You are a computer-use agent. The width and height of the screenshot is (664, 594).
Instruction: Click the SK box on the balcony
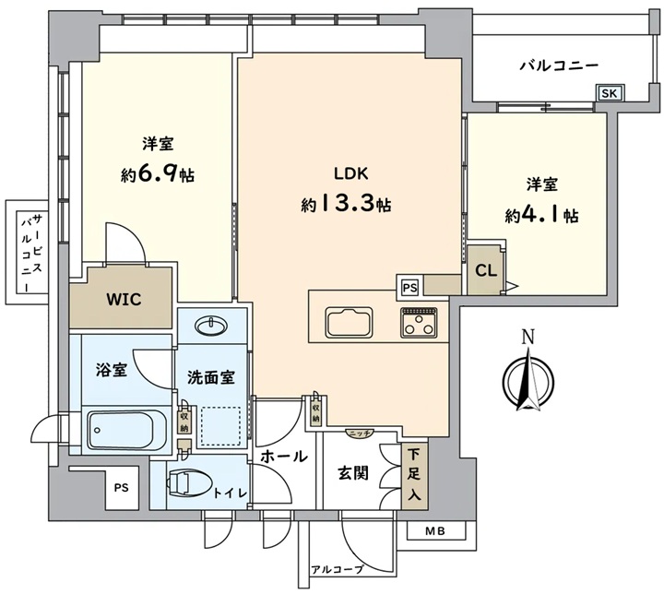[x=610, y=93]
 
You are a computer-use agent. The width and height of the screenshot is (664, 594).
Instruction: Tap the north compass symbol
[x=528, y=378]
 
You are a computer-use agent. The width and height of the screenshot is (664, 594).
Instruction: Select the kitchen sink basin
[x=349, y=323]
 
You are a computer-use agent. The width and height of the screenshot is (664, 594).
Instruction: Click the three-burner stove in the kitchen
[x=420, y=323]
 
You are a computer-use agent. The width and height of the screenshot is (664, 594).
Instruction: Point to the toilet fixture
[x=191, y=483]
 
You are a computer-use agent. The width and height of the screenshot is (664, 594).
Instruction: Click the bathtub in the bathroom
[x=126, y=431]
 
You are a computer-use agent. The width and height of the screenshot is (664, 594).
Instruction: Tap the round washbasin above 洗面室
[x=210, y=326]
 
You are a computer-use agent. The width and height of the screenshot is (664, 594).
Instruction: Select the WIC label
[x=124, y=300]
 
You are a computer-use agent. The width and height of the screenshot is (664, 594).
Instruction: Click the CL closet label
[x=486, y=270]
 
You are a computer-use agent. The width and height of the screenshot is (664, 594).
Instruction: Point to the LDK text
[x=351, y=173]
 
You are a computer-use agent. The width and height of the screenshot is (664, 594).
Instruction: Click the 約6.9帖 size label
[x=158, y=174]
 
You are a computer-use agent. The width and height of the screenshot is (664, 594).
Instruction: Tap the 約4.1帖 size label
[x=541, y=216]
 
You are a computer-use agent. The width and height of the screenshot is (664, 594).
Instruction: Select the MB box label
[x=435, y=530]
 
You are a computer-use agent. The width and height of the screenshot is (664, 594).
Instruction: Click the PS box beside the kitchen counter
[x=409, y=288]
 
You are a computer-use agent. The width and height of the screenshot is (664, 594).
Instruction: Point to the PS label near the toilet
[x=121, y=488]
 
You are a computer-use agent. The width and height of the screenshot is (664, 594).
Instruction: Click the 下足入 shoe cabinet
[x=414, y=475]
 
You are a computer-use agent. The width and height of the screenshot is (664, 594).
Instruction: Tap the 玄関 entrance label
[x=352, y=473]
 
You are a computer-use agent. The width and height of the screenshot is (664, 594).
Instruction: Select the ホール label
[x=283, y=457]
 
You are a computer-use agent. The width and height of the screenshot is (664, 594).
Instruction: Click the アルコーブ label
[x=338, y=569]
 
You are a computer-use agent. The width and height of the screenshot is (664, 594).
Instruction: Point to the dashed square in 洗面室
[x=220, y=426]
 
